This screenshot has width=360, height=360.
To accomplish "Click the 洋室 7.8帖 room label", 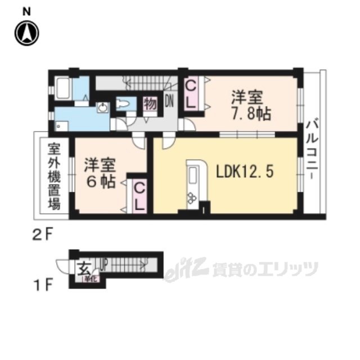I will (x=249, y=105).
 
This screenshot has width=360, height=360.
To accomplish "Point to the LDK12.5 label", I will (x=245, y=171).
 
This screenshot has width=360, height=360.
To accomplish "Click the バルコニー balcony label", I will (x=311, y=147).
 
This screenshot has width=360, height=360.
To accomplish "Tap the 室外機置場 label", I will (x=53, y=175).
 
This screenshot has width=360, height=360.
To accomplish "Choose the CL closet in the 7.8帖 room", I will (x=191, y=94).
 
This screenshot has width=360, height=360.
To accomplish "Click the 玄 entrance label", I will (x=83, y=268).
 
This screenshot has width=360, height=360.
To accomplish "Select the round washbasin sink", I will (x=103, y=108).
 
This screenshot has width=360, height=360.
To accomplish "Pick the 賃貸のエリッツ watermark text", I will (x=264, y=270).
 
